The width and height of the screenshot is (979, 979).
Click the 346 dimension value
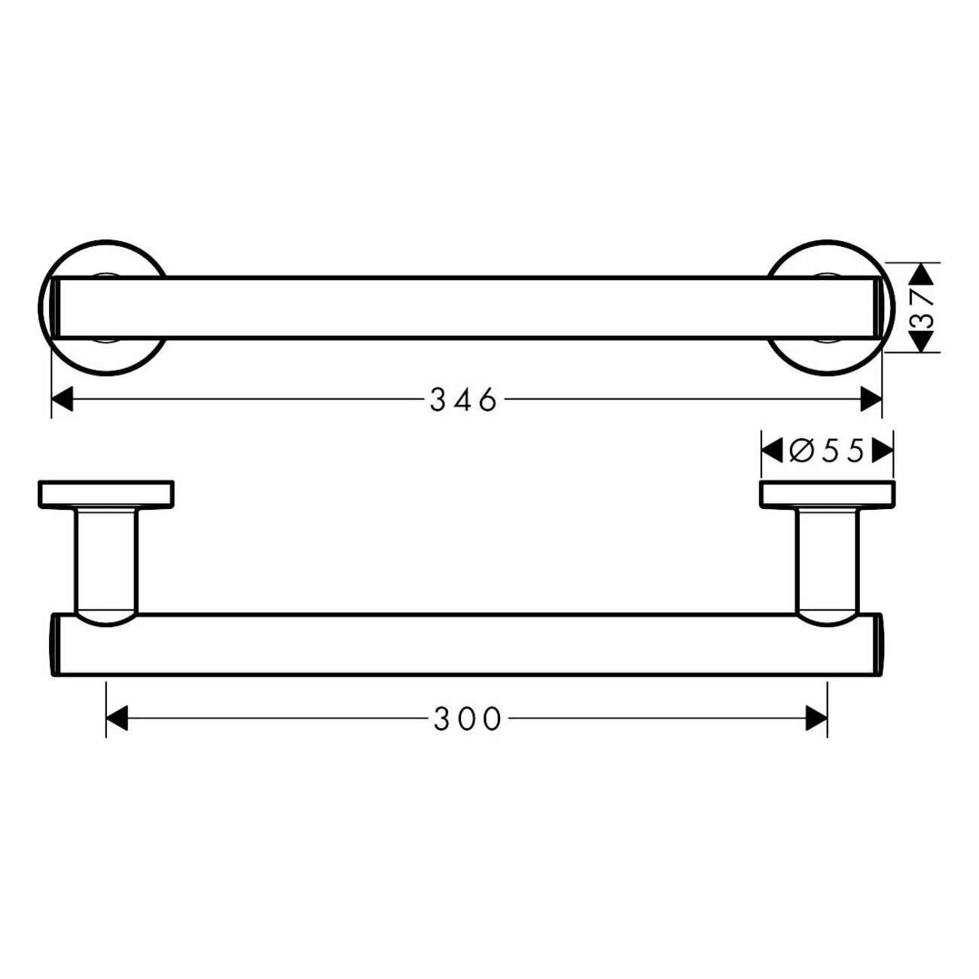click(x=463, y=399)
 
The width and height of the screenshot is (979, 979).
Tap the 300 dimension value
click(x=468, y=719)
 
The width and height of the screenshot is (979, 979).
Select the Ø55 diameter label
click(x=827, y=450)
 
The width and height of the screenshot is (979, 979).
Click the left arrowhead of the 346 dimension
click(x=63, y=399)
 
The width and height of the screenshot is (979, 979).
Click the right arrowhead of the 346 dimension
click(x=871, y=399)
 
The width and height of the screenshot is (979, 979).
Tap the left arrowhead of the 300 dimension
click(x=117, y=719)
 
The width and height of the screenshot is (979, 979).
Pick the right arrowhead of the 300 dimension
click(x=816, y=719)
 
